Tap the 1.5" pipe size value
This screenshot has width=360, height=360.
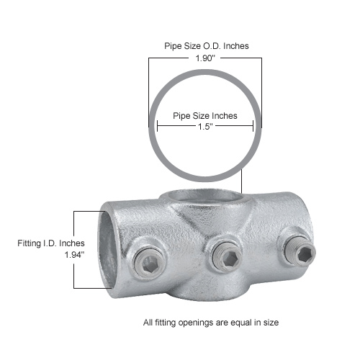[x=205, y=126]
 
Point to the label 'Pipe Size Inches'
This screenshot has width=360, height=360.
[x=205, y=115]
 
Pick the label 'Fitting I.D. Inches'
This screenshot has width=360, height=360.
[x=50, y=243]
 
